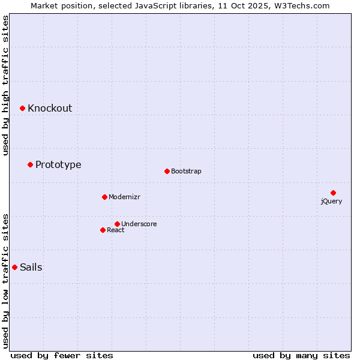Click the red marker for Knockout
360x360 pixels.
pyautogui.click(x=22, y=108)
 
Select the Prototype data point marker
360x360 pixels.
pyautogui.click(x=30, y=164)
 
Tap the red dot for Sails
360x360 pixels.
pyautogui.click(x=14, y=267)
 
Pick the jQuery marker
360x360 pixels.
pyautogui.click(x=333, y=193)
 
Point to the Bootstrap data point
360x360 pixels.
pyautogui.click(x=167, y=171)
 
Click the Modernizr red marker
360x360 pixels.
pyautogui.click(x=104, y=197)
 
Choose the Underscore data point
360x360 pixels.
pyautogui.click(x=117, y=224)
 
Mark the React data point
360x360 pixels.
pyautogui.click(x=103, y=230)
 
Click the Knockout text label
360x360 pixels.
pyautogui.click(x=50, y=108)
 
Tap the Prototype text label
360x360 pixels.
pyautogui.click(x=58, y=164)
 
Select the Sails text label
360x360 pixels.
pyautogui.click(x=31, y=267)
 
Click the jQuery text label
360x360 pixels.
pyautogui.click(x=331, y=201)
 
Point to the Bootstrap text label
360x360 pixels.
pyautogui.click(x=186, y=171)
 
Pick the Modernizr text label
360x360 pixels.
pyautogui.click(x=124, y=197)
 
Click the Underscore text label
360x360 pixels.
pyautogui.click(x=139, y=224)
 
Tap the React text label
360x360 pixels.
pyautogui.click(x=116, y=230)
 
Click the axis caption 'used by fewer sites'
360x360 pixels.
pyautogui.click(x=62, y=355)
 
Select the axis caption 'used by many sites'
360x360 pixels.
pyautogui.click(x=301, y=355)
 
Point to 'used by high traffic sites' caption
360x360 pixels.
pyautogui.click(x=6, y=85)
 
